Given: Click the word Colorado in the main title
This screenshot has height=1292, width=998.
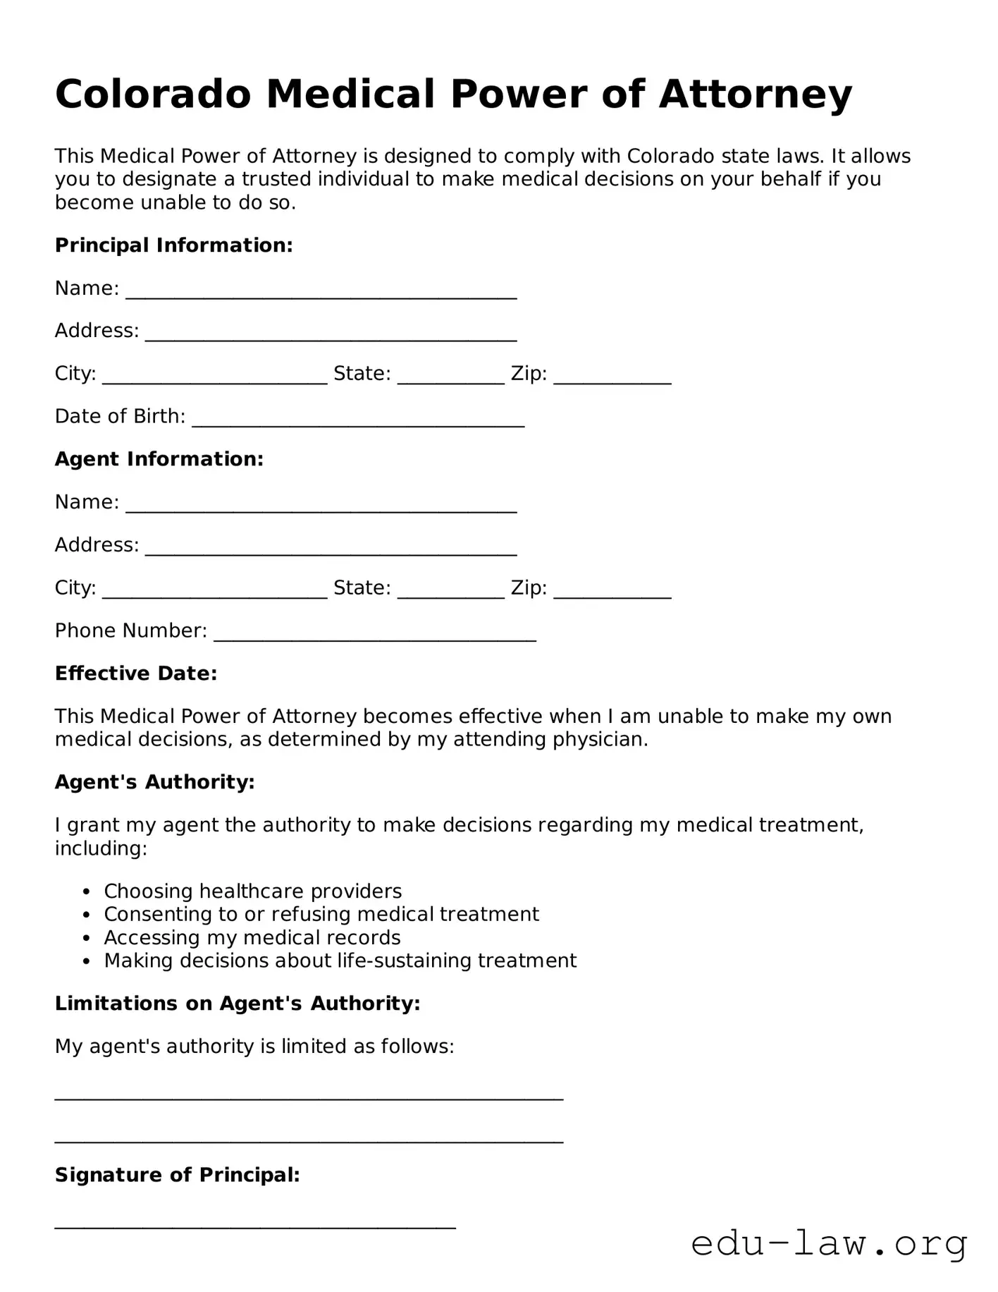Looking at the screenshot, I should tap(153, 94).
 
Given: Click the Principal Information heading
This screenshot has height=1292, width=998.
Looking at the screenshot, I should tap(173, 245).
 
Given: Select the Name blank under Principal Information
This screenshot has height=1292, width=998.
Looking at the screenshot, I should tap(321, 293).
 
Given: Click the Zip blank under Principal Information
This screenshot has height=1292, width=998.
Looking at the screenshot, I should tap(612, 378).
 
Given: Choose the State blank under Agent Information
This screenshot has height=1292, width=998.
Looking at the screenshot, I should tap(450, 592).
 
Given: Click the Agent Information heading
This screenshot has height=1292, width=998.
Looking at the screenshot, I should tap(159, 459).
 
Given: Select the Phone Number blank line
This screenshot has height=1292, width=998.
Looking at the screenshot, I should tap(374, 635).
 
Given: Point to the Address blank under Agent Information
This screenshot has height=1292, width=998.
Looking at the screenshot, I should tap(331, 549).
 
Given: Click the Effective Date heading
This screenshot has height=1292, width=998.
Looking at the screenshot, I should tap(136, 674).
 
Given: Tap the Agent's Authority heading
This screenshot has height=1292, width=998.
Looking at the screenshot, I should tap(154, 782).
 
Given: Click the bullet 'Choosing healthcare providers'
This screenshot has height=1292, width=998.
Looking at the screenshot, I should tap(252, 891).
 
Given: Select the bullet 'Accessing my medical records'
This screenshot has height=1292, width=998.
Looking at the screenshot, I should tap(252, 938).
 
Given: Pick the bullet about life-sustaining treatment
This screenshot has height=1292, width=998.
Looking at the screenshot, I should tap(340, 961).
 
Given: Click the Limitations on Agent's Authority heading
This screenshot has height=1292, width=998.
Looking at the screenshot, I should tap(238, 1004).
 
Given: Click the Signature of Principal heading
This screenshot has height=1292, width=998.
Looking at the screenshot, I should tap(177, 1175).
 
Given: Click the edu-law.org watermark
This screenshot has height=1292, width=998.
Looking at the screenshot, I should tap(829, 1244).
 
